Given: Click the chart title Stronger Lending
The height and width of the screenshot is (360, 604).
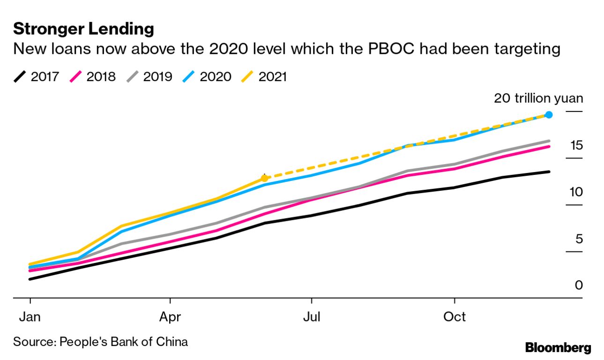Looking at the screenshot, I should [x=83, y=29].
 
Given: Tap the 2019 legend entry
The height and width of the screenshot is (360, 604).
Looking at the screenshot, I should [x=149, y=76].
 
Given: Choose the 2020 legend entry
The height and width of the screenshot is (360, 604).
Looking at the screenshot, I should [x=208, y=76].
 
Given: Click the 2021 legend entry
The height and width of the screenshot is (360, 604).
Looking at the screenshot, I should [x=265, y=76].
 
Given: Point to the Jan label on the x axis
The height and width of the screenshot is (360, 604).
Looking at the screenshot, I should [x=30, y=317].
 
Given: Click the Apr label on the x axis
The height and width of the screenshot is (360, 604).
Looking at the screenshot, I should [x=170, y=317].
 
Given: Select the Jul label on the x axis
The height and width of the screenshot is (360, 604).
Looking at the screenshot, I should [x=311, y=317].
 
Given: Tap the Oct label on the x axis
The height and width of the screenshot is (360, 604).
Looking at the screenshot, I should [x=455, y=317].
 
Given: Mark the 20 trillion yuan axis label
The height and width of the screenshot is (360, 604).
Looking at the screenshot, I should [x=538, y=98].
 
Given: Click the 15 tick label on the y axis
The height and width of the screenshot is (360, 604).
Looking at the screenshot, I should [x=576, y=145].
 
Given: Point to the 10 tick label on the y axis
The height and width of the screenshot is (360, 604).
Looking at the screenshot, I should [x=576, y=192].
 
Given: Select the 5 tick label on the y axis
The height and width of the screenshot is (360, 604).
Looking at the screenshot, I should [x=579, y=239].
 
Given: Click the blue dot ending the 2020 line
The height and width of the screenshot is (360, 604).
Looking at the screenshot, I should [x=549, y=115].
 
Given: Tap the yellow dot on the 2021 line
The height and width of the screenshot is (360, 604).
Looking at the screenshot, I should [x=264, y=178].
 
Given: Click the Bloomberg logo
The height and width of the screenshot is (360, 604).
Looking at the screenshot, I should [x=558, y=348].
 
